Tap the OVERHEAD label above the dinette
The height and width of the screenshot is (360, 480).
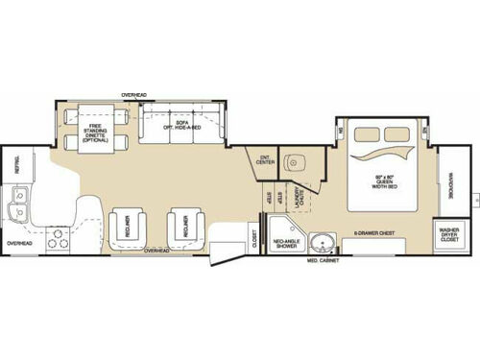(x=133, y=94)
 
